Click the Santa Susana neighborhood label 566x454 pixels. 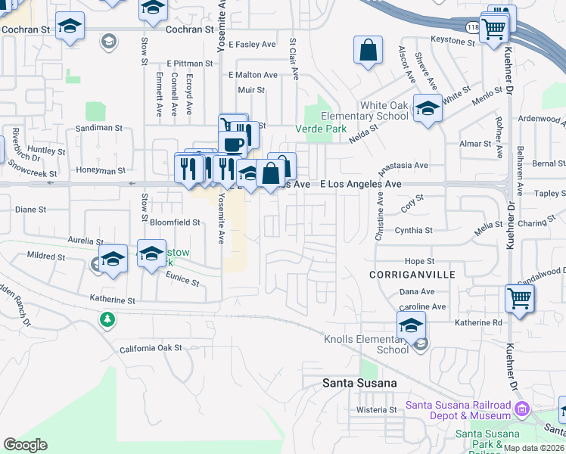pyautogui.click(x=359, y=383)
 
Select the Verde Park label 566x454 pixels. pyautogui.click(x=325, y=129)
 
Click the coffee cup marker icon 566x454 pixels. pyautogui.click(x=233, y=144)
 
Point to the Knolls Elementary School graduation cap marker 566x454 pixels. pyautogui.click(x=411, y=325)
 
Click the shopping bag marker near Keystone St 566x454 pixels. pyautogui.click(x=368, y=51)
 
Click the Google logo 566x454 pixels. pyautogui.click(x=25, y=445)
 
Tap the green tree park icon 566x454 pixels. pyautogui.click(x=107, y=320)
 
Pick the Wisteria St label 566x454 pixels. pyautogui.click(x=376, y=410)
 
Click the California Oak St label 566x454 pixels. pyautogui.click(x=151, y=349)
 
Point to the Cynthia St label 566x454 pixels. pyautogui.click(x=413, y=230)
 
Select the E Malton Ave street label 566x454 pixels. pyautogui.click(x=253, y=75)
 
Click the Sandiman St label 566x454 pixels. pyautogui.click(x=98, y=129)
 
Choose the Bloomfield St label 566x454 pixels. pyautogui.click(x=174, y=222)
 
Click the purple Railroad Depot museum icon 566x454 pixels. pyautogui.click(x=521, y=409)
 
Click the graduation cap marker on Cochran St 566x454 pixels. pyautogui.click(x=70, y=26)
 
